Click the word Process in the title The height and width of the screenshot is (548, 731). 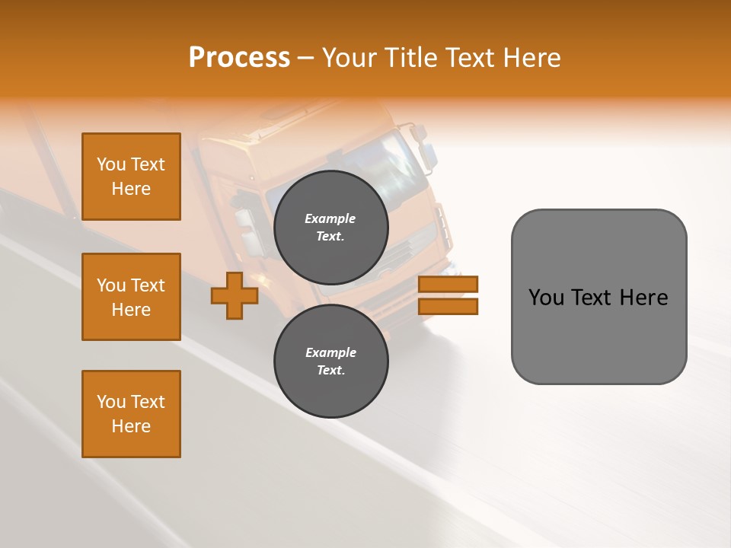(239, 58)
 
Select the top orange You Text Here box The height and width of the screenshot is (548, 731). (131, 177)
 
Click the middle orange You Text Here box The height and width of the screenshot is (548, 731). (131, 297)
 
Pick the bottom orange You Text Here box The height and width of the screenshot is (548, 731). (131, 414)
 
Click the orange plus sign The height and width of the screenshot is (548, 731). (235, 295)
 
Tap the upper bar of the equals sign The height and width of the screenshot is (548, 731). (448, 284)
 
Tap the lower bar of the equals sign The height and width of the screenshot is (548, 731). (448, 306)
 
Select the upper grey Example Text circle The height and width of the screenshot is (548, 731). (330, 227)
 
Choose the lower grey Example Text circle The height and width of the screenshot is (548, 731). (330, 361)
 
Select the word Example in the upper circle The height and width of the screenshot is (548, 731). (330, 218)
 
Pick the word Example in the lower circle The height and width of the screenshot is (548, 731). (330, 352)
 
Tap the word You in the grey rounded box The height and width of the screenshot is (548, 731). (546, 298)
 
